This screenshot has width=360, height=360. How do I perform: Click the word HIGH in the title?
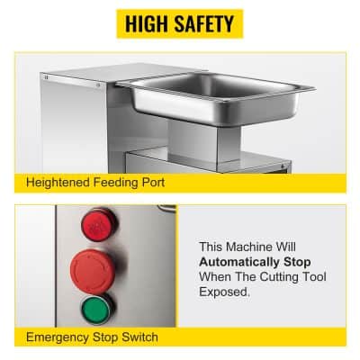(x=148, y=24)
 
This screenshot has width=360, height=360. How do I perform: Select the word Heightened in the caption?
(x=58, y=182)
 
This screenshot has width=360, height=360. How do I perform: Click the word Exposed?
(x=222, y=292)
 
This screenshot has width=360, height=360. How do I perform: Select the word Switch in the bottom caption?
(x=140, y=337)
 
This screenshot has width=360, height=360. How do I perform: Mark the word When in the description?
(x=214, y=276)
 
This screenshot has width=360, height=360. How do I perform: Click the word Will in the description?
(x=301, y=245)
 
